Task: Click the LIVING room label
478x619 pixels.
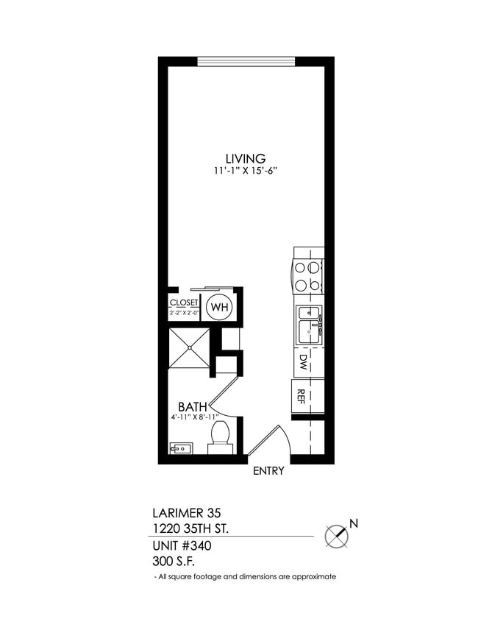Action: (245, 158)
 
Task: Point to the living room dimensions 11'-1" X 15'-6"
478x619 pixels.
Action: (245, 171)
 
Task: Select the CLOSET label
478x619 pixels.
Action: (184, 303)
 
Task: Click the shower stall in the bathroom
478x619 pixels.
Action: (189, 347)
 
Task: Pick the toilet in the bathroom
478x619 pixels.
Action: (221, 436)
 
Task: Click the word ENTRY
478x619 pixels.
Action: (268, 472)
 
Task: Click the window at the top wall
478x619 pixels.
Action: (246, 61)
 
